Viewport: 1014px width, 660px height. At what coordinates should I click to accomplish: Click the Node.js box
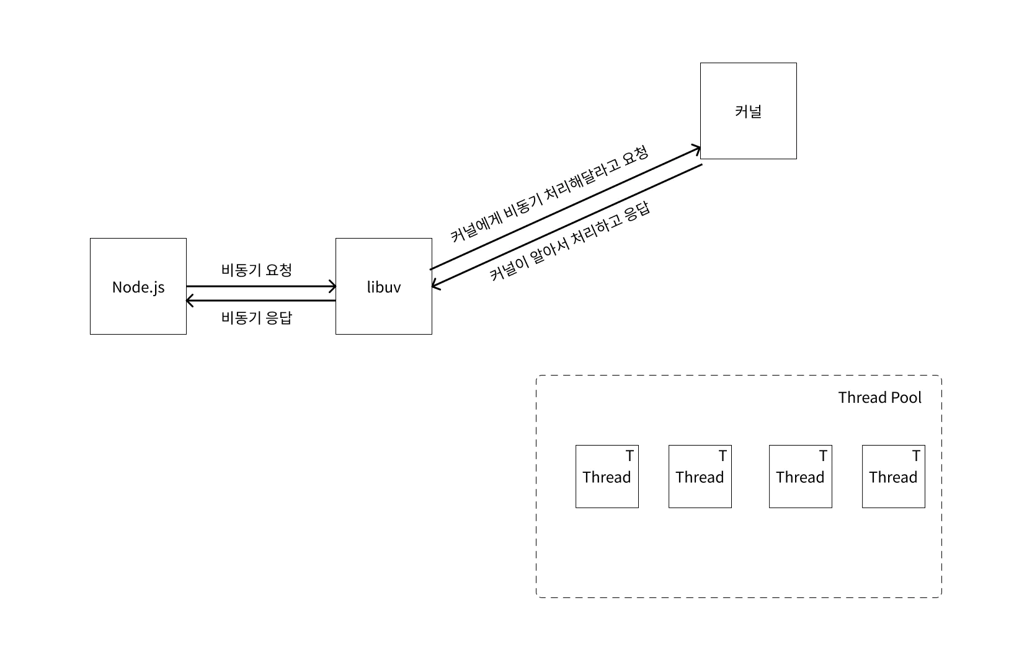138,286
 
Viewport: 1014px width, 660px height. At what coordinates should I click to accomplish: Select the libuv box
383,286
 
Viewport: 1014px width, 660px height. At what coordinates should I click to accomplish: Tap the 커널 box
748,111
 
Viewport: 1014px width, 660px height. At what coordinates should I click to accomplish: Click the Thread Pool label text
879,397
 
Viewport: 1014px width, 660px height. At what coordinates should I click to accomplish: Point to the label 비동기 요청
256,270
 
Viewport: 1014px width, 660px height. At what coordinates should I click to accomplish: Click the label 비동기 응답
256,318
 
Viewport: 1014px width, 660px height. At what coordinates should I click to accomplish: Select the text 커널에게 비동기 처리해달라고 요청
549,194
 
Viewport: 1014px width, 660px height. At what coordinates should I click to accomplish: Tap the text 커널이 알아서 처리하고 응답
569,241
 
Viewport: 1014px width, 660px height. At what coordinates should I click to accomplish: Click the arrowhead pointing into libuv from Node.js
333,286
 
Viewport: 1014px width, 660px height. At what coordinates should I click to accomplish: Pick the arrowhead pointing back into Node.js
189,301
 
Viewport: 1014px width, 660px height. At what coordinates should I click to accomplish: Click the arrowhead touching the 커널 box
697,149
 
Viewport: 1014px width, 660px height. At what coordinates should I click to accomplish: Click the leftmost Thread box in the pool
607,477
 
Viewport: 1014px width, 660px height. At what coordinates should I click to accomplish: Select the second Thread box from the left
700,477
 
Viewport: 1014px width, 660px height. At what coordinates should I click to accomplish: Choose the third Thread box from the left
800,477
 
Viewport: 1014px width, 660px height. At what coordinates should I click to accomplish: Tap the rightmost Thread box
893,477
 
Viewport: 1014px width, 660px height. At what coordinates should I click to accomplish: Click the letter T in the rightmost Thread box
916,456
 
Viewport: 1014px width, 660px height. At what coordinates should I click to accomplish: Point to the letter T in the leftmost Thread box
629,456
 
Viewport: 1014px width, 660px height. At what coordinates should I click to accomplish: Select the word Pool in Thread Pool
906,397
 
